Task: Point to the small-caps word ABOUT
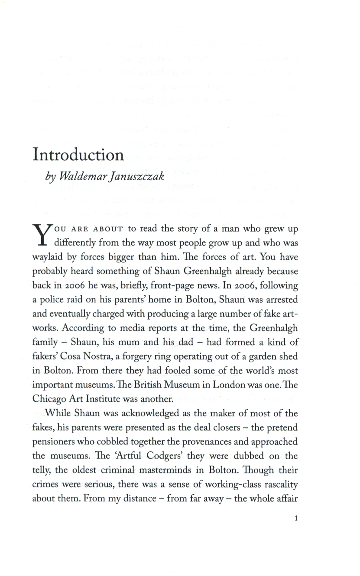[110, 230]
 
